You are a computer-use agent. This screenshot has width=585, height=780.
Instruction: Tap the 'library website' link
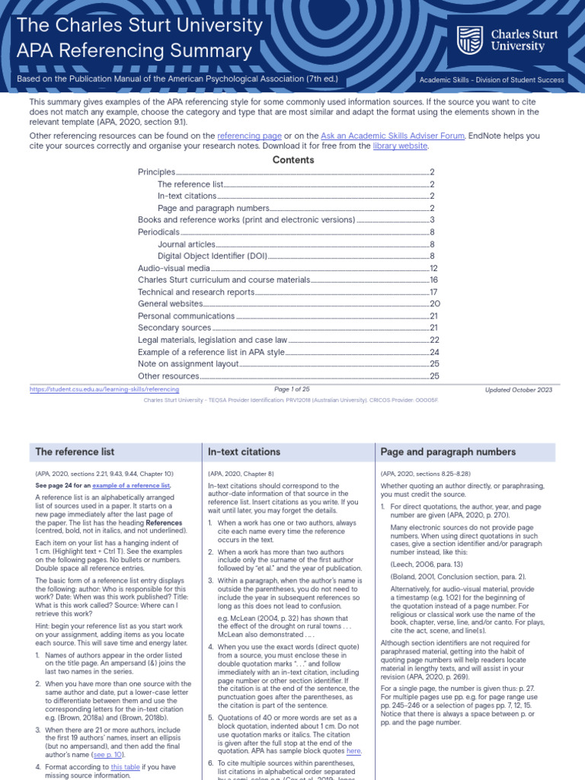click(400, 146)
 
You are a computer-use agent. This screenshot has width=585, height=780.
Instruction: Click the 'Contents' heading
click(292, 160)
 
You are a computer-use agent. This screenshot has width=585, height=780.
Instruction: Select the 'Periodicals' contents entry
click(158, 232)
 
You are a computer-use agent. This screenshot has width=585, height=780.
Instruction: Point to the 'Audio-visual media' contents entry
click(174, 268)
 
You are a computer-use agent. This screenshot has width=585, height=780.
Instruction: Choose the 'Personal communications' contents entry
click(186, 316)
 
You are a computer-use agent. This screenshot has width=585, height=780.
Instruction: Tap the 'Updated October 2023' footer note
click(519, 389)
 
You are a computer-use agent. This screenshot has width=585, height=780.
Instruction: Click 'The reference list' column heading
click(75, 452)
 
